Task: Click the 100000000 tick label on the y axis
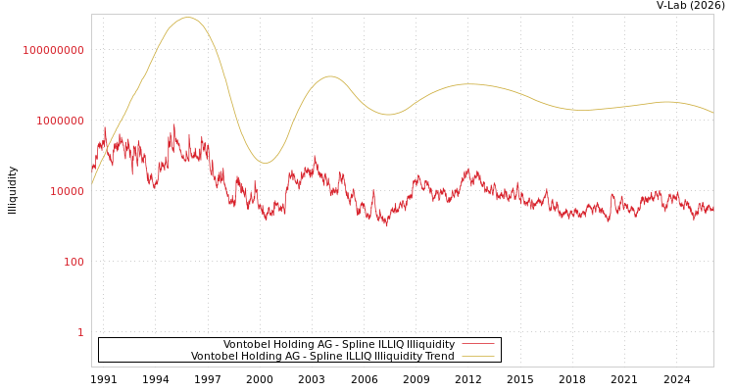click(x=54, y=50)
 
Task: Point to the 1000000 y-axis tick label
click(x=60, y=121)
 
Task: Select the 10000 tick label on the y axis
click(x=67, y=191)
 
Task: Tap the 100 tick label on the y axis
click(x=73, y=262)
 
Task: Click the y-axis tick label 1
click(x=80, y=332)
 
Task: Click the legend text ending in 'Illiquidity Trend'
click(x=322, y=357)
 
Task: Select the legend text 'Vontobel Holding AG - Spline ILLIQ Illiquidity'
click(x=338, y=345)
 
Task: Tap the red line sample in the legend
click(x=477, y=345)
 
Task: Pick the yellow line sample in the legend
click(x=477, y=357)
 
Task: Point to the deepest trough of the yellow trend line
click(x=265, y=163)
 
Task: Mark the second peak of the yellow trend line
click(x=330, y=76)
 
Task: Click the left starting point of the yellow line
click(x=92, y=183)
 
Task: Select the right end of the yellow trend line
click(x=712, y=113)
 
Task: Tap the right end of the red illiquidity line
click(x=712, y=209)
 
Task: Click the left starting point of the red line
click(x=92, y=169)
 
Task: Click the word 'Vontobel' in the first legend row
click(x=245, y=345)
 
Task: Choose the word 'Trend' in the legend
click(x=437, y=357)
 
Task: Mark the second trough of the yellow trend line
click(x=388, y=115)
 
